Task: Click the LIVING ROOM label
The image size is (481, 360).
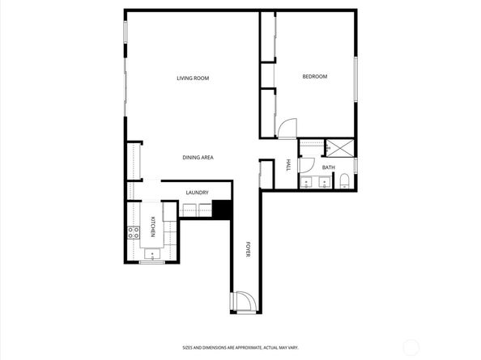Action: click(193, 78)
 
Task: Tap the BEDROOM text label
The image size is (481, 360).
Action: click(314, 77)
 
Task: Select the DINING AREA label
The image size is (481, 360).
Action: click(197, 158)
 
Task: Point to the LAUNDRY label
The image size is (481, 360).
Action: click(197, 193)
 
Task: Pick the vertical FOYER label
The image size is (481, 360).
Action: click(248, 249)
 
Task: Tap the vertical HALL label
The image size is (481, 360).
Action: click(287, 165)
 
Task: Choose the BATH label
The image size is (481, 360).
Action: click(328, 167)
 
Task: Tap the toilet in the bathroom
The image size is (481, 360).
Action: click(344, 180)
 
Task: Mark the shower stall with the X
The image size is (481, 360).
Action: click(338, 147)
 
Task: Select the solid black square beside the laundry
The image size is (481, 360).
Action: click(222, 209)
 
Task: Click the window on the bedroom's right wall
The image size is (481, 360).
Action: click(355, 78)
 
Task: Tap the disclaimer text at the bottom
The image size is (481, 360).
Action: click(240, 348)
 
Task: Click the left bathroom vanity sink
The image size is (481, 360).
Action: click(305, 182)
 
